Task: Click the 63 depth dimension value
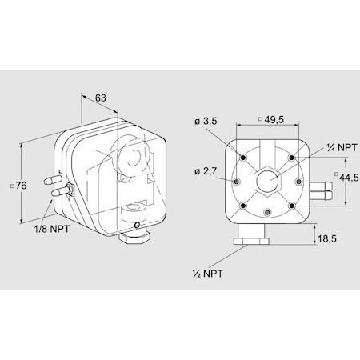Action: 101,98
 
